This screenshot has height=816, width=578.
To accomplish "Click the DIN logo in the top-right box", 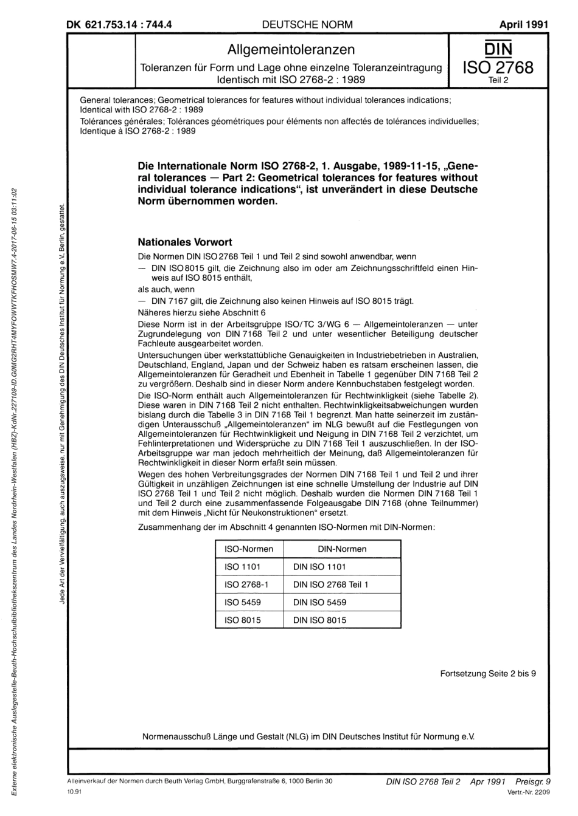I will pyautogui.click(x=498, y=49).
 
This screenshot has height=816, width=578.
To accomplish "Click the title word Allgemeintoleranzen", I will pyautogui.click(x=291, y=50).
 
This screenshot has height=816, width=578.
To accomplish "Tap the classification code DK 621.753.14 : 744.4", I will pyautogui.click(x=119, y=25).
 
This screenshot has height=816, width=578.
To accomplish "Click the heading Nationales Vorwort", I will pyautogui.click(x=185, y=242).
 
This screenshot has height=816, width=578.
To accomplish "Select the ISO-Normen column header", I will pyautogui.click(x=249, y=549).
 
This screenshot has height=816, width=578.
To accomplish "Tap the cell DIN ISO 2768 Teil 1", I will pyautogui.click(x=330, y=585).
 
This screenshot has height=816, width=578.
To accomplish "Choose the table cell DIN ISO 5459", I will pyautogui.click(x=319, y=602).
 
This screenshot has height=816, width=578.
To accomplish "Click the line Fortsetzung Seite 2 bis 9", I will pyautogui.click(x=488, y=673).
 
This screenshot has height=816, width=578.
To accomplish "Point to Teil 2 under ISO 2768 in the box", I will pyautogui.click(x=498, y=79).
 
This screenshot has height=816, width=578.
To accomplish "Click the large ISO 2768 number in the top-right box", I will pyautogui.click(x=498, y=67).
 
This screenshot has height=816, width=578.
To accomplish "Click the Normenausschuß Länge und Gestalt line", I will pyautogui.click(x=308, y=736).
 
